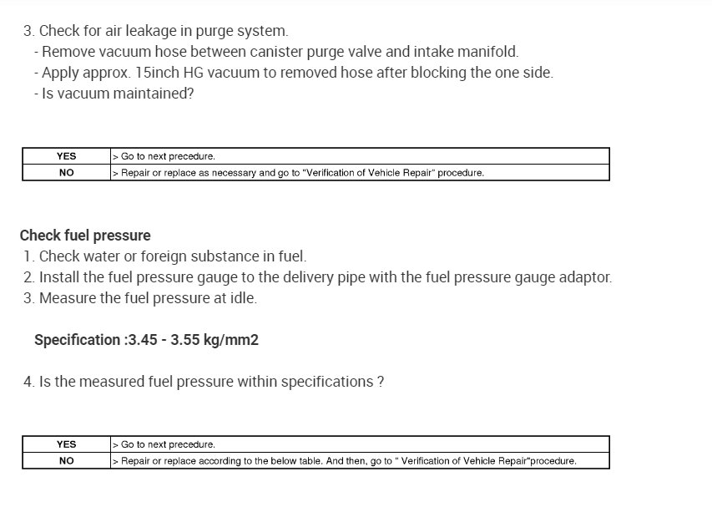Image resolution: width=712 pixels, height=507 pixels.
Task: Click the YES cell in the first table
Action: pyautogui.click(x=66, y=156)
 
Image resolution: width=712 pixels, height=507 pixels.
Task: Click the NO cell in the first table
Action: pyautogui.click(x=66, y=173)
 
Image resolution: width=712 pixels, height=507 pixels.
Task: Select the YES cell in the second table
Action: pyautogui.click(x=66, y=444)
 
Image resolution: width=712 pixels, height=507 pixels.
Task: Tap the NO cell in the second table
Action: pyautogui.click(x=66, y=460)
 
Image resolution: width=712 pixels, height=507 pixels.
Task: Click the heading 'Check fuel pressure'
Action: pyautogui.click(x=85, y=236)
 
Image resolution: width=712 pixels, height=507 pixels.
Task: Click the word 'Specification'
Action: pyautogui.click(x=77, y=340)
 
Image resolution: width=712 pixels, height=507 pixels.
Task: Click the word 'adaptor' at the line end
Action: pyautogui.click(x=584, y=277)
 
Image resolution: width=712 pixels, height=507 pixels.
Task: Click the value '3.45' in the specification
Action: pyautogui.click(x=143, y=340)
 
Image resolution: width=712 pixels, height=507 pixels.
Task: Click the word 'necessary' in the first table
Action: pyautogui.click(x=230, y=173)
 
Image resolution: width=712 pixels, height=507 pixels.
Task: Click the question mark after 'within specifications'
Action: pyautogui.click(x=381, y=382)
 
